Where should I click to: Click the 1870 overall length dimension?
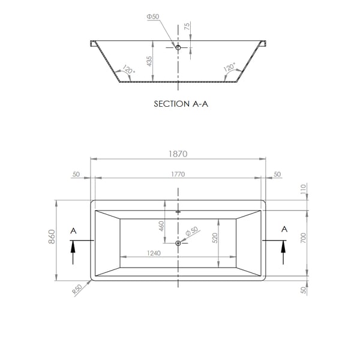pos(178,154)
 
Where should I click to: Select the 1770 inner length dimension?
pos(178,174)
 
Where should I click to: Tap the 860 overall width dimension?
pos(52,236)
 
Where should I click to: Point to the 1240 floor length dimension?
pos(154,253)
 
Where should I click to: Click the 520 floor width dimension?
pos(215,238)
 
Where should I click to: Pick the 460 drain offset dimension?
pos(161,226)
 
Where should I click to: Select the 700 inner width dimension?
pos(303,238)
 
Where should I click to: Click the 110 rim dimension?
pos(303,189)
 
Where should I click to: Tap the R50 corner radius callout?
pos(77,290)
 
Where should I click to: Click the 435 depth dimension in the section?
pos(149,61)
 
